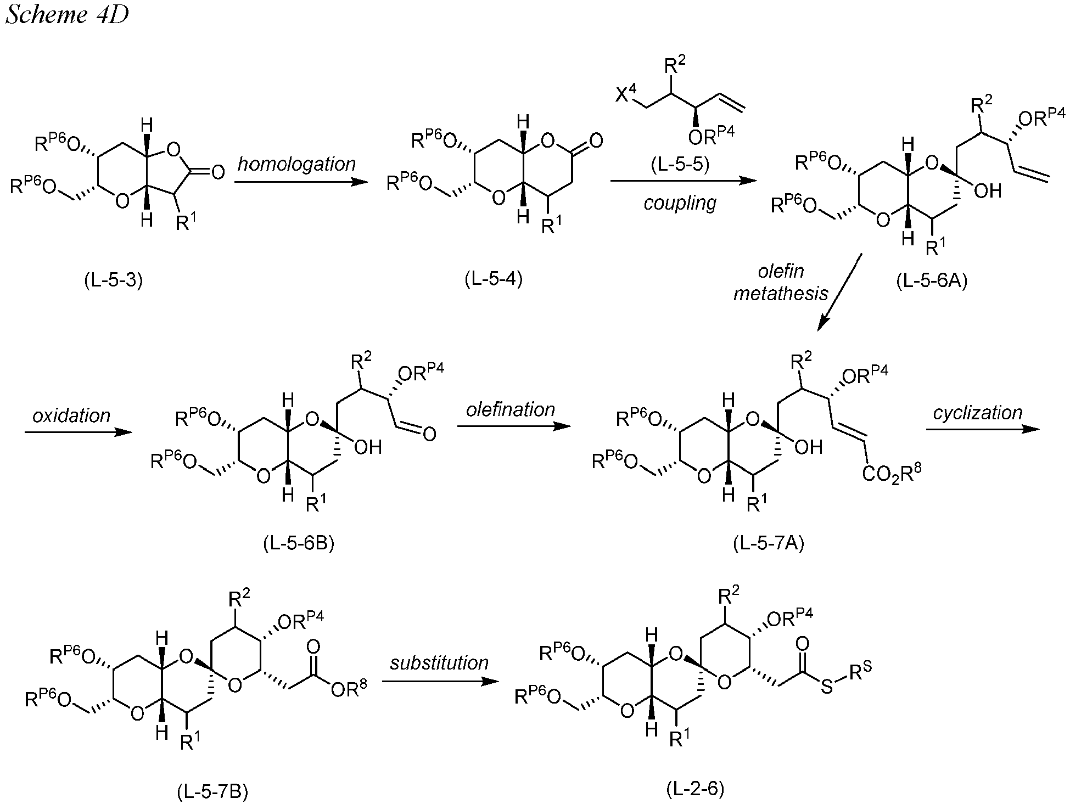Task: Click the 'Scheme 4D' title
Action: tap(67, 15)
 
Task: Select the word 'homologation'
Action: tap(296, 164)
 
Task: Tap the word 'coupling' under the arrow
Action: tap(680, 203)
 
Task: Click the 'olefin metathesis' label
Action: tap(781, 282)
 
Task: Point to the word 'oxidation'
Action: tap(71, 415)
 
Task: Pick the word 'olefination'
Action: tap(511, 409)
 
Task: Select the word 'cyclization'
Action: tap(978, 412)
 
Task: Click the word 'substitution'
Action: tap(439, 662)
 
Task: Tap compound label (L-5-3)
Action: tap(114, 280)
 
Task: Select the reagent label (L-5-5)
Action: tap(680, 164)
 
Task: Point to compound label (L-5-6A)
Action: tap(932, 281)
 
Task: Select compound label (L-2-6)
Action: tap(696, 789)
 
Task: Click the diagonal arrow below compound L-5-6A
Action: tap(839, 292)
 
